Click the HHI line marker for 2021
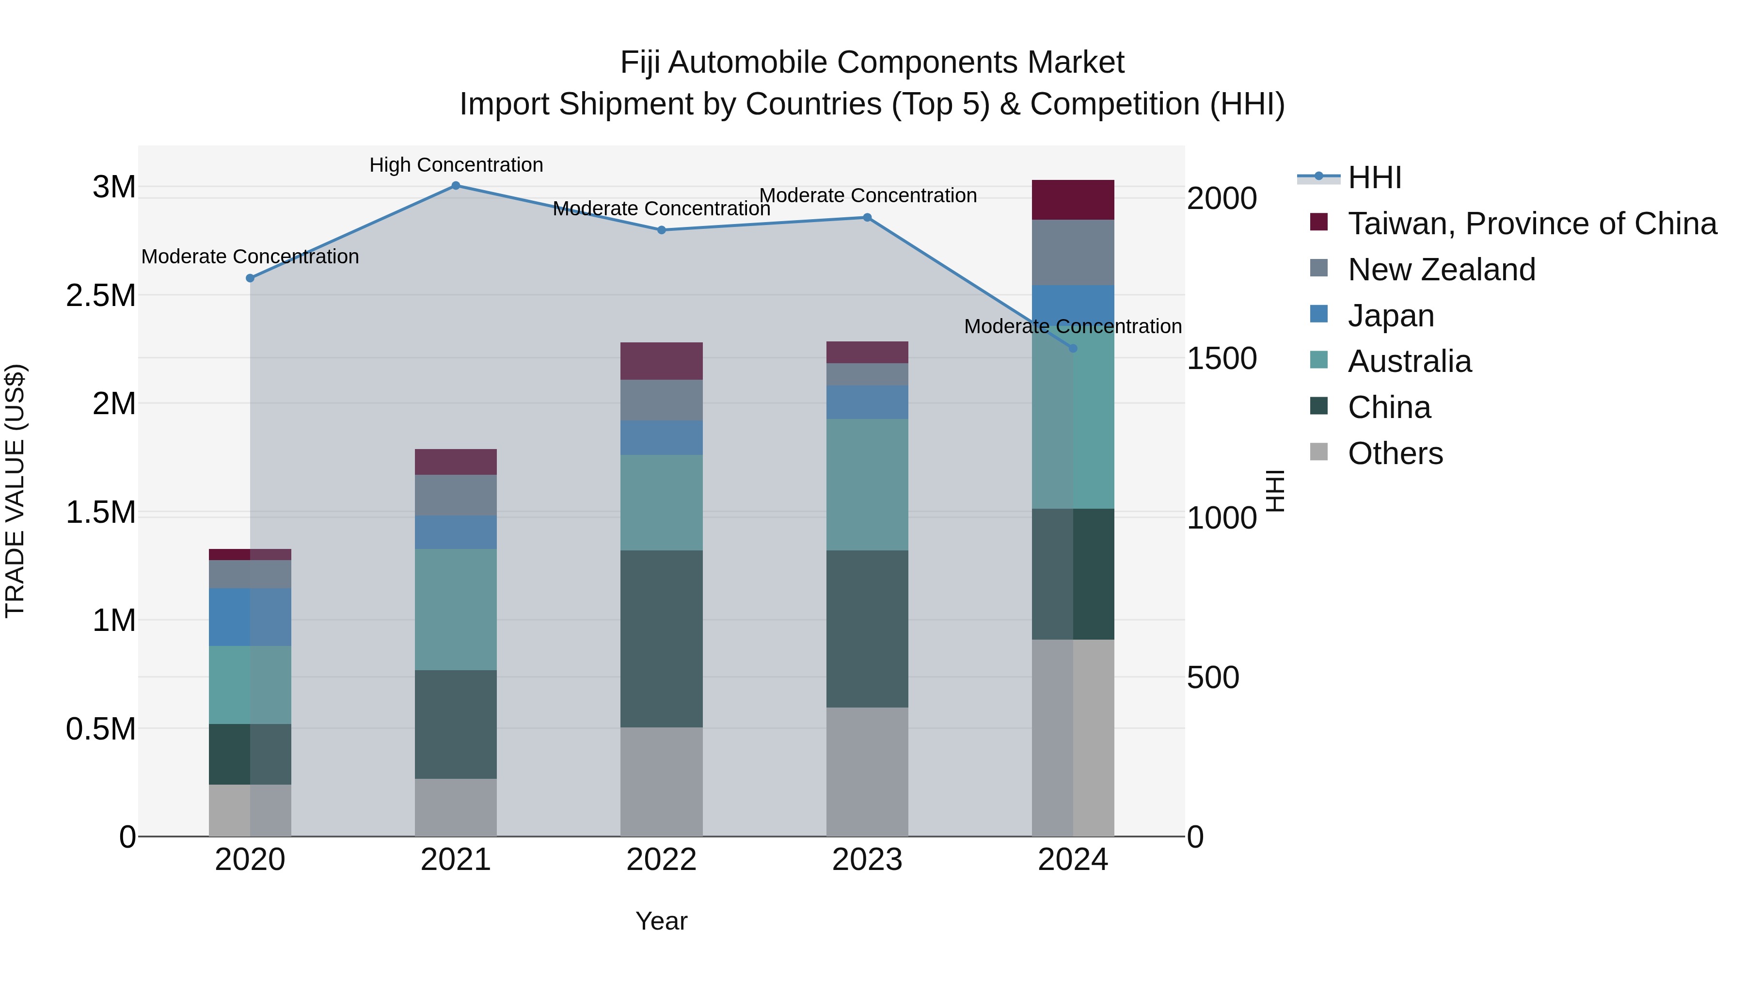coord(456,186)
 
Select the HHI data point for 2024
coord(1073,348)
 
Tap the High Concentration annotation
coord(456,165)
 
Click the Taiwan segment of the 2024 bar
coord(1073,200)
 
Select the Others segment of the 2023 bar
coord(867,772)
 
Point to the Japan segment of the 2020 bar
coord(250,617)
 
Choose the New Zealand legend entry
coord(1442,270)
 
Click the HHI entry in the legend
coord(1375,177)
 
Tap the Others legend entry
coord(1396,453)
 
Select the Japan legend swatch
coord(1319,314)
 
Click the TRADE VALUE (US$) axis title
coord(15,491)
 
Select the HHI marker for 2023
coord(867,218)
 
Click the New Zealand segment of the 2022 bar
coord(662,400)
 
